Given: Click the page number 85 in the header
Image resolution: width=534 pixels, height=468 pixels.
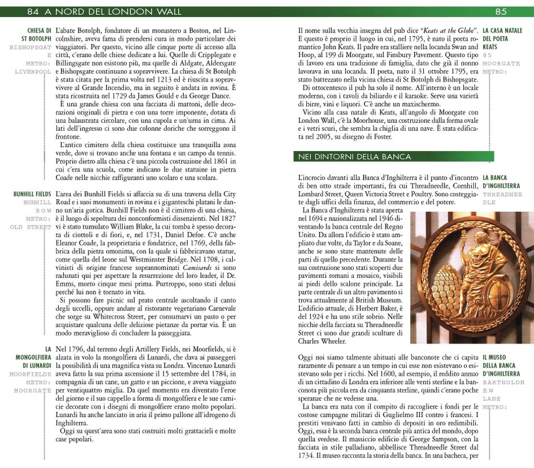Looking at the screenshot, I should (x=500, y=11).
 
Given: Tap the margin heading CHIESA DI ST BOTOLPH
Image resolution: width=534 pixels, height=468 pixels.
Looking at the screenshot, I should (x=36, y=34).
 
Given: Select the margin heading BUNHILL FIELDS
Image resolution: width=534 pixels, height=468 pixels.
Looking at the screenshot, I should (x=32, y=194).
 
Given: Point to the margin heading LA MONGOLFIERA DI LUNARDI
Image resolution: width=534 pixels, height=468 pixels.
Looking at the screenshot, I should (x=34, y=357).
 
